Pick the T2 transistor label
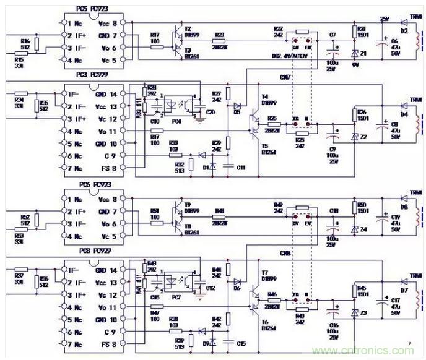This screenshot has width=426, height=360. (188, 28)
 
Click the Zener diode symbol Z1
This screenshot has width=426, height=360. (355, 54)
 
